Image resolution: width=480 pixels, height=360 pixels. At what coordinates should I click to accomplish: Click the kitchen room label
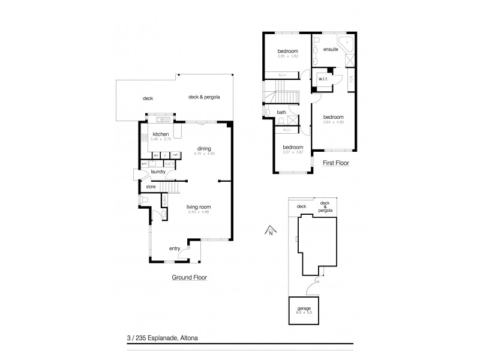click(x=161, y=134)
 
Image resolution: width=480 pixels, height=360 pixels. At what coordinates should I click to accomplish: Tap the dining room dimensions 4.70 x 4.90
click(x=204, y=154)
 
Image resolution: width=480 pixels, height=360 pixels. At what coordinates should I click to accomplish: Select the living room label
click(x=199, y=207)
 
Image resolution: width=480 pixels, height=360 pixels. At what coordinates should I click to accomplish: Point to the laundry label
click(x=158, y=172)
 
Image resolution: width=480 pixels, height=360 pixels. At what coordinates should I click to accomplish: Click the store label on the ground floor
click(x=151, y=187)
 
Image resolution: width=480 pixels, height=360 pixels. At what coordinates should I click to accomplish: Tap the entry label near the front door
click(x=175, y=248)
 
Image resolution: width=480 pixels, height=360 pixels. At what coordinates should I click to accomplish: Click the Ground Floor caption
click(x=189, y=278)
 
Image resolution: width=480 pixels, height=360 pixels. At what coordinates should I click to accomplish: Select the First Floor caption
click(x=336, y=163)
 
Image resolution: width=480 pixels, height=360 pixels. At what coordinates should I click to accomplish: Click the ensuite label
click(x=329, y=49)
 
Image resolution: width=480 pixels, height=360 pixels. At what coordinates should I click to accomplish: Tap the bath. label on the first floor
click(x=281, y=112)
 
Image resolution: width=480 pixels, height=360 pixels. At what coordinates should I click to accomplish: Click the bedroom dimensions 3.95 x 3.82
click(x=287, y=56)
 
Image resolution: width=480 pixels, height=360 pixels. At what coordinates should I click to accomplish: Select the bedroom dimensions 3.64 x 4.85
click(x=333, y=122)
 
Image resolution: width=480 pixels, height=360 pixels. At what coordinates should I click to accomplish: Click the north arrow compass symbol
click(x=270, y=230)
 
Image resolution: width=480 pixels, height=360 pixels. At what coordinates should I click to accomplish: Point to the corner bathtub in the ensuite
click(x=346, y=45)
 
